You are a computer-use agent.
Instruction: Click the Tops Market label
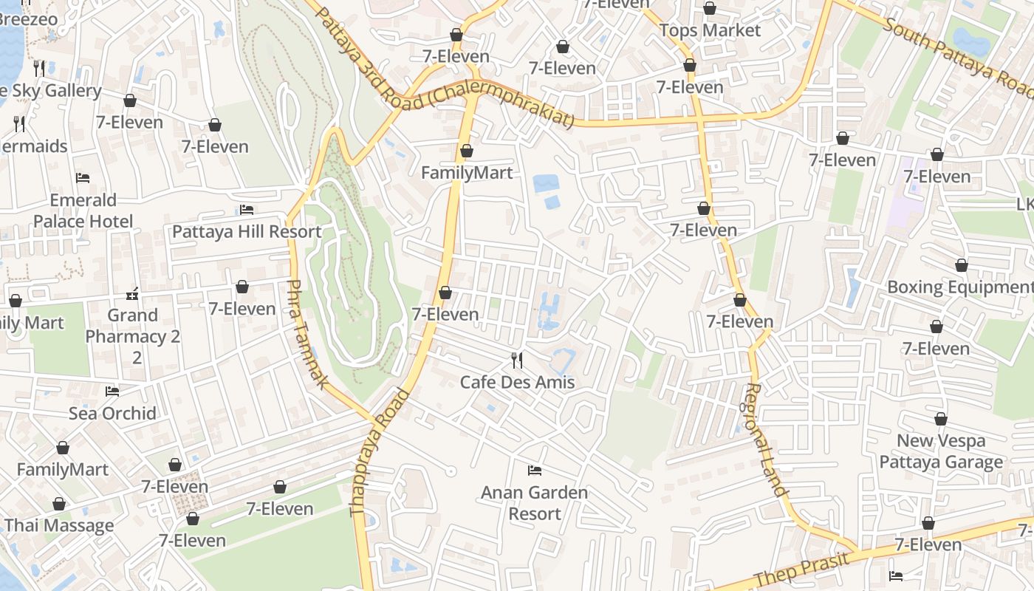tap(709, 30)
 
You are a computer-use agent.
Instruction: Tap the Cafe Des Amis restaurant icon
tap(517, 361)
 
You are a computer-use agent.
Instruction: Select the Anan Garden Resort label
tap(534, 502)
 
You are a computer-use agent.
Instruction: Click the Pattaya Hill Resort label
tap(247, 231)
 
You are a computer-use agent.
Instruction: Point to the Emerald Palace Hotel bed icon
tap(83, 178)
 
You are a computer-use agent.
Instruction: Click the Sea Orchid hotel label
tap(112, 413)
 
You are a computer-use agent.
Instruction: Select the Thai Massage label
tap(59, 525)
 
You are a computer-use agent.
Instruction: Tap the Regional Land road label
tap(764, 439)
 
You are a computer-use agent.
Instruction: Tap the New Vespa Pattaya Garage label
tap(941, 451)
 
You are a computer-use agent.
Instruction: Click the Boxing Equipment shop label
tap(959, 287)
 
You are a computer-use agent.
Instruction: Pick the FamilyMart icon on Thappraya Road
tap(467, 151)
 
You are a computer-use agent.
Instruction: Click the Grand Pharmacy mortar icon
tap(132, 294)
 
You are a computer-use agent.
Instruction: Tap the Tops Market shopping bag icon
tap(710, 8)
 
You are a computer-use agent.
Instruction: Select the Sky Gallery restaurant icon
tap(39, 69)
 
